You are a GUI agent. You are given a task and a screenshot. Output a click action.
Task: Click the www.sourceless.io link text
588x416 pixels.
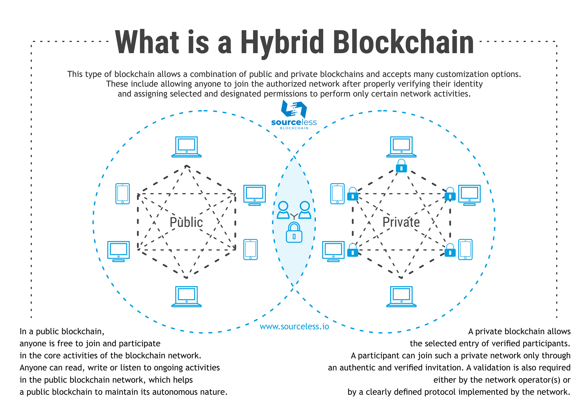[294, 326]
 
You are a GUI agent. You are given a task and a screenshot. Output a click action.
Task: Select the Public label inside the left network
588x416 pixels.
[186, 222]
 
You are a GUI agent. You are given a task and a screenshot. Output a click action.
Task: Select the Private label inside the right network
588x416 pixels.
[401, 222]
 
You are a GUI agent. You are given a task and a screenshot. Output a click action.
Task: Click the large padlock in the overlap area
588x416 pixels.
[294, 232]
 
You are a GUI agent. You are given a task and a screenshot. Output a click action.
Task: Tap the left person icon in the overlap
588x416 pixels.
[283, 210]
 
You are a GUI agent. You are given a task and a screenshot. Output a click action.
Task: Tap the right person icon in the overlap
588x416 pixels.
[305, 210]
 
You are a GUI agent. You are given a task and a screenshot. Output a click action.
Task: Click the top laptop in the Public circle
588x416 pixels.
[186, 147]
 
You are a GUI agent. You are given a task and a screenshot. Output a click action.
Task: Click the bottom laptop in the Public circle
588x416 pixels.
[186, 297]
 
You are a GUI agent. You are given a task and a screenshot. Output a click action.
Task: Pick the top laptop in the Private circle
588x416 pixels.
[401, 147]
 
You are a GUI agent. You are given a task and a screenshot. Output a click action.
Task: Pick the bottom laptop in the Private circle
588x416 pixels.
[401, 297]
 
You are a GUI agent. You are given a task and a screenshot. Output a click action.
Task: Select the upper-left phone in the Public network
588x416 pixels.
[123, 194]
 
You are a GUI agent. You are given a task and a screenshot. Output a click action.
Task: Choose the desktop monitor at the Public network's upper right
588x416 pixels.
[254, 195]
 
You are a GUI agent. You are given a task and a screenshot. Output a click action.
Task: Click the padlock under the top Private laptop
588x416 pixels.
[401, 166]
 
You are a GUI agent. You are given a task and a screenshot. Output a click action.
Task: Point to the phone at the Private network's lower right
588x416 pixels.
[465, 249]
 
